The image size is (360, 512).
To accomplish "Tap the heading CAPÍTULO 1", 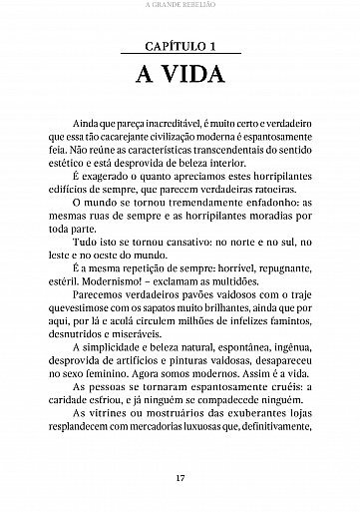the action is [x=180, y=47].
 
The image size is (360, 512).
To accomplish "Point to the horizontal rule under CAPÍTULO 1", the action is [x=180, y=56].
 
